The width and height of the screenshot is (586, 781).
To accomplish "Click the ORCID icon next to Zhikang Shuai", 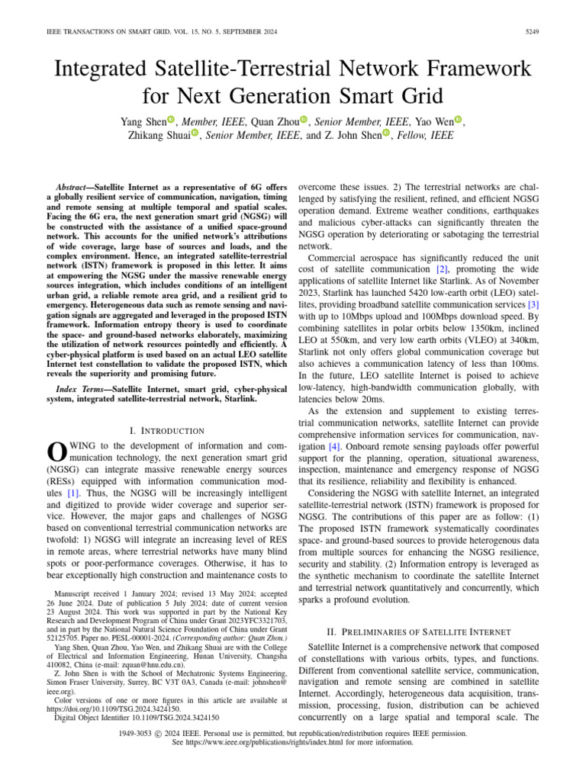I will coord(195,135).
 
